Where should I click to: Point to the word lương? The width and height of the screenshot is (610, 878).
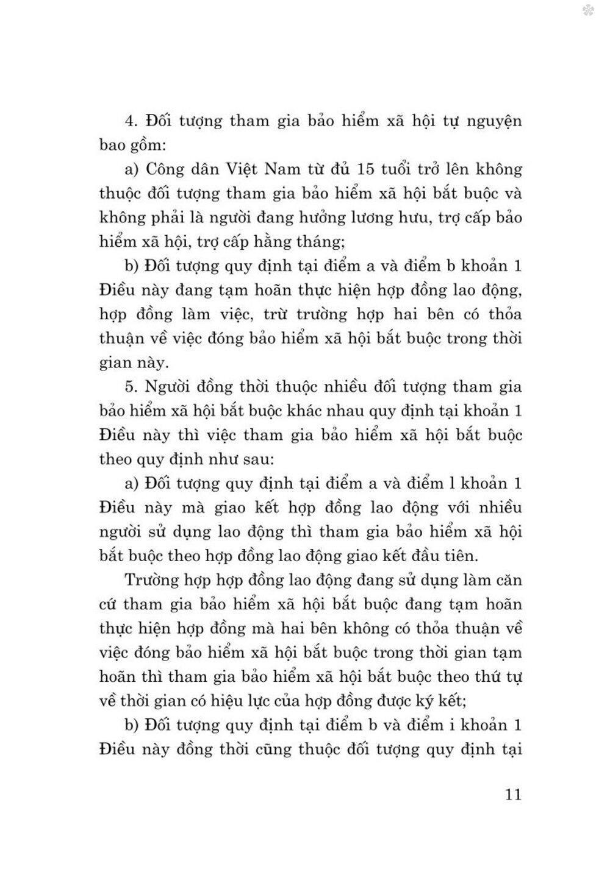[x=375, y=218]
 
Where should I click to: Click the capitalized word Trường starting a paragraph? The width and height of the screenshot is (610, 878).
[x=150, y=580]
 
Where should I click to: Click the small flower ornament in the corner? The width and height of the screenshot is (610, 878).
[x=589, y=10]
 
